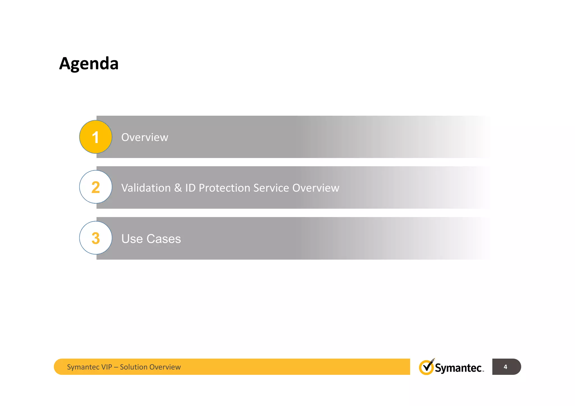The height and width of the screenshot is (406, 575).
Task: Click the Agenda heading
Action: tap(89, 64)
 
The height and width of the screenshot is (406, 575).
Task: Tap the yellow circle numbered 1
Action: tap(96, 137)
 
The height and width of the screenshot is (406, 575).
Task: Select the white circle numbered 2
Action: tap(96, 187)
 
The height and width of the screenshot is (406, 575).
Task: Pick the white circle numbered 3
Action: tap(96, 238)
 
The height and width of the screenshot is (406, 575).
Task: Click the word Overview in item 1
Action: tap(145, 137)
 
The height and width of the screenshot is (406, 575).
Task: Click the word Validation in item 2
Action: tap(146, 188)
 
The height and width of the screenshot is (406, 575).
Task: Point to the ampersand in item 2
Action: tap(178, 188)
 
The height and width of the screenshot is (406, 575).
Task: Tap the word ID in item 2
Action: tap(190, 188)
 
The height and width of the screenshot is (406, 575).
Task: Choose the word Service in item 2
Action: tap(271, 188)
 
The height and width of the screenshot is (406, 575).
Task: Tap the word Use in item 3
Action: tap(132, 239)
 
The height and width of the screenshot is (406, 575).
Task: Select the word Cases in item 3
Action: tap(164, 239)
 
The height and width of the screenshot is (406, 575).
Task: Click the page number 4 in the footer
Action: tap(505, 367)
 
